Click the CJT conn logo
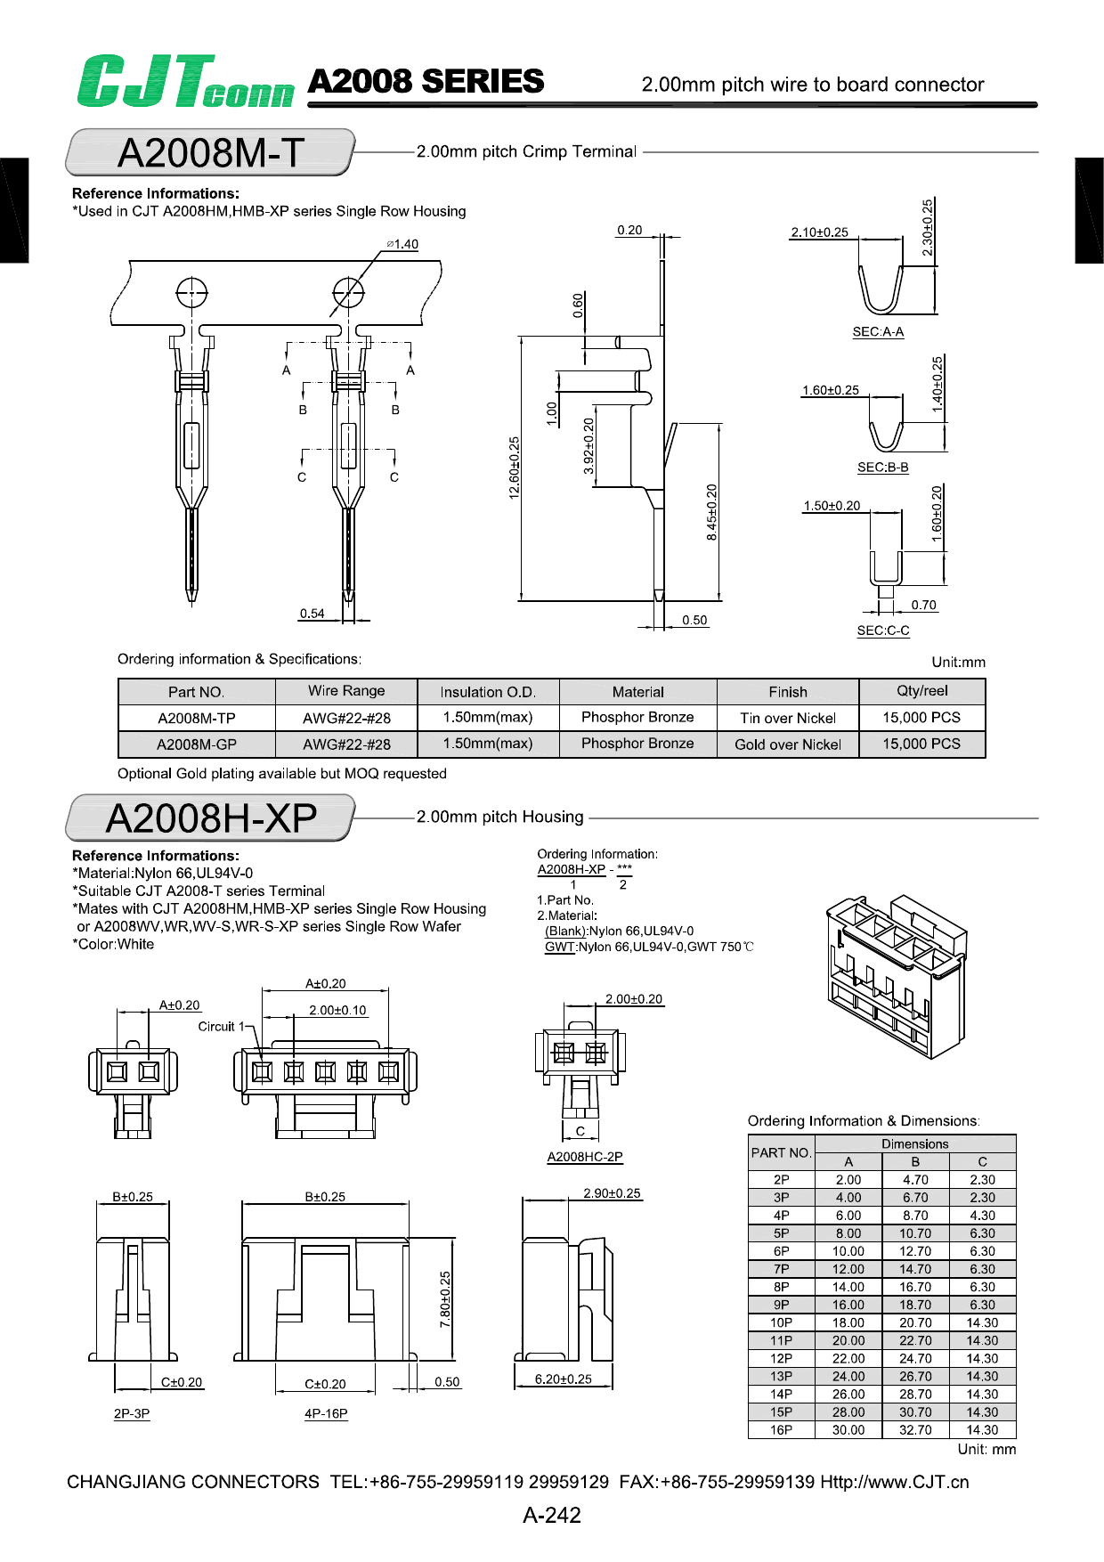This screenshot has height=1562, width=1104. pos(185,82)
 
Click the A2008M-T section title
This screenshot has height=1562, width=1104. pos(211,153)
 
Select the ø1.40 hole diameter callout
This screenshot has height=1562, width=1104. pos(402,244)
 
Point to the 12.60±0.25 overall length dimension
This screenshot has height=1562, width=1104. pos(515,468)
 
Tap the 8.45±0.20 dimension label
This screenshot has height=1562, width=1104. pos(711,512)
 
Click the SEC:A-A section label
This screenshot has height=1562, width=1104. pos(878,332)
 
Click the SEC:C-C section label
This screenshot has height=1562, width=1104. pos(883,630)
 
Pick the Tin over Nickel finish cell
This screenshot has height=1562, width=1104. pos(788,719)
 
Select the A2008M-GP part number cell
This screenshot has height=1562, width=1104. pos(197,744)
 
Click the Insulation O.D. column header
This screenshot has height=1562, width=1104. pos(488,692)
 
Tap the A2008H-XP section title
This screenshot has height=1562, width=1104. pos(211,818)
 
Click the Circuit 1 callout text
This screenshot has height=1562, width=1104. pos(221,1027)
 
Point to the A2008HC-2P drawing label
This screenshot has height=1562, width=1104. pos(585,1157)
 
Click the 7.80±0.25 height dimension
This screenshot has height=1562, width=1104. pos(445,1299)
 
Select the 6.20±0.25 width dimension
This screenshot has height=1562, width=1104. pos(563,1379)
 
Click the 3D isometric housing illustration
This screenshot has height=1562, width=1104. pos(896,975)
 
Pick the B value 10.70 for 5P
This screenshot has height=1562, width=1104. pos(915,1233)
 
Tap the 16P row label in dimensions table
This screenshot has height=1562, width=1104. pos(781,1430)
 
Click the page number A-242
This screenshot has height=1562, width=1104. pos(552,1515)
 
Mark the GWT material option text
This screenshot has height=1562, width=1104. pos(559,948)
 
